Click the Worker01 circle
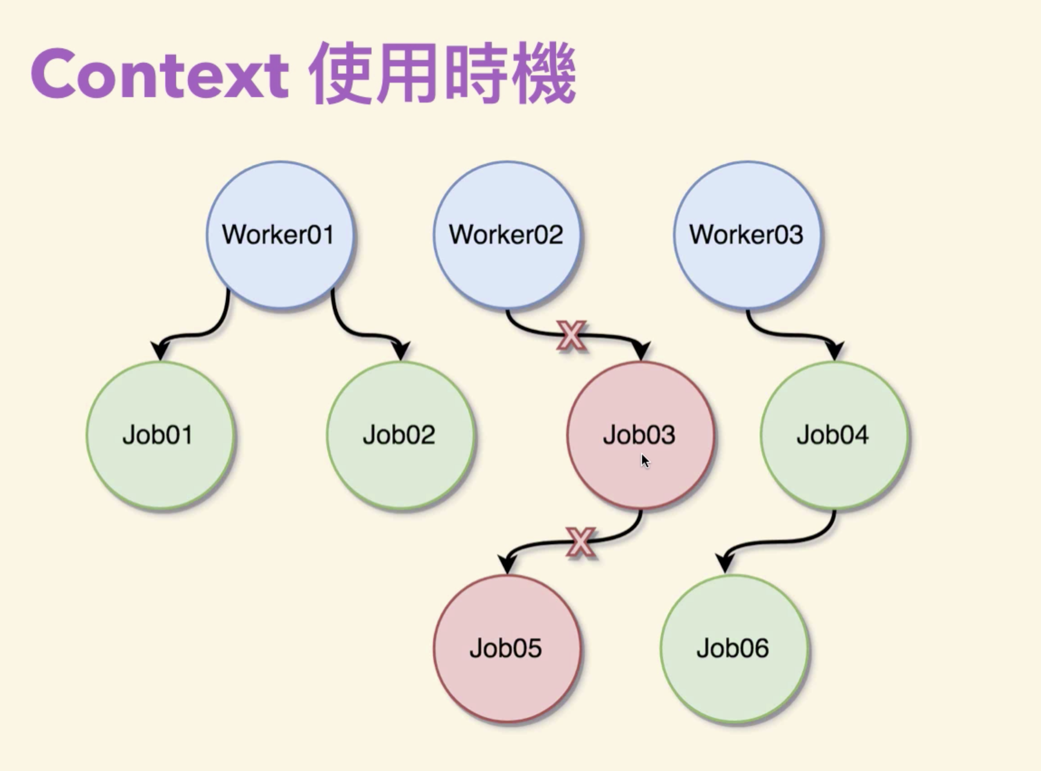[279, 235]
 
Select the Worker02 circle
[507, 235]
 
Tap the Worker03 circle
[747, 235]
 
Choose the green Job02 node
[400, 435]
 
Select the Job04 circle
[834, 435]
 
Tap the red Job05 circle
[507, 649]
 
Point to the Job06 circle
[734, 649]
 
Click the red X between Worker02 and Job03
[571, 335]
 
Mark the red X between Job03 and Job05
[580, 542]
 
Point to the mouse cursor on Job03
[645, 461]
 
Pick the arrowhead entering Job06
[726, 563]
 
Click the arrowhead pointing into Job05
[508, 563]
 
